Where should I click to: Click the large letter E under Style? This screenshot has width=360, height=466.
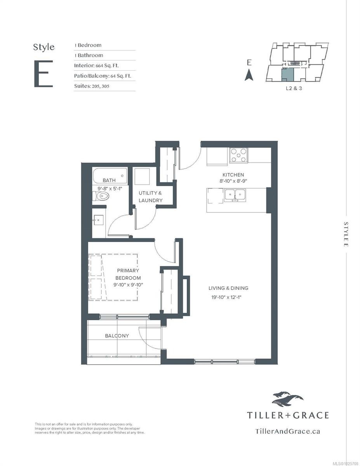tap(43, 74)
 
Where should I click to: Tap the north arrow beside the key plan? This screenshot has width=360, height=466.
tap(249, 75)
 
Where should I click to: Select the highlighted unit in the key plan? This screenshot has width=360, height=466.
tap(287, 73)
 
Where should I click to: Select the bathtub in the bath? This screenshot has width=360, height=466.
tap(110, 176)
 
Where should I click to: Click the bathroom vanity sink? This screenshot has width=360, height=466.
tap(97, 221)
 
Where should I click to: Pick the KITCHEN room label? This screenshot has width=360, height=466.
tap(233, 175)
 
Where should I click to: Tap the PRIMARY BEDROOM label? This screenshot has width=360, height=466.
tap(128, 274)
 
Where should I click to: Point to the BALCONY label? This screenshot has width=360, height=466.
tap(117, 336)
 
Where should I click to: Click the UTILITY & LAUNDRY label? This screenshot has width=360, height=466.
tap(151, 196)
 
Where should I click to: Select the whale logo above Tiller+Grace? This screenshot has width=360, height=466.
tap(287, 399)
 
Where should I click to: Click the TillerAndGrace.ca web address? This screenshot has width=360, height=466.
tap(288, 430)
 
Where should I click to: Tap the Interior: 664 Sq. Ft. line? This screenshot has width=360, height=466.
tap(96, 65)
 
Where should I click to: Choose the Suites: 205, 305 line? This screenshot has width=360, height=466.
tap(92, 86)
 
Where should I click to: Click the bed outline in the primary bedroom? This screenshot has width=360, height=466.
tap(113, 276)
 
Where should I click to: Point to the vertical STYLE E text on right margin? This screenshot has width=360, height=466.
tap(346, 234)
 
